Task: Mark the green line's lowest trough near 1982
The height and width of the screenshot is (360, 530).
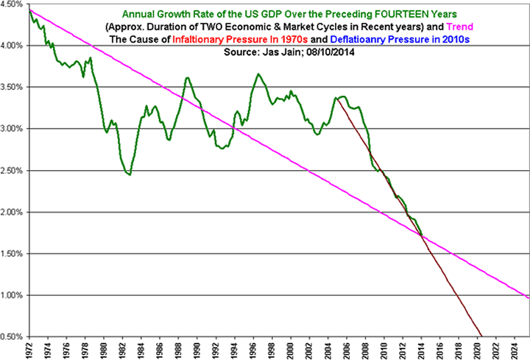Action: pos(129,174)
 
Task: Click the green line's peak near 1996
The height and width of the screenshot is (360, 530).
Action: pos(258,74)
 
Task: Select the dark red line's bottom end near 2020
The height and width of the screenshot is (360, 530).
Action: pos(480,335)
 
